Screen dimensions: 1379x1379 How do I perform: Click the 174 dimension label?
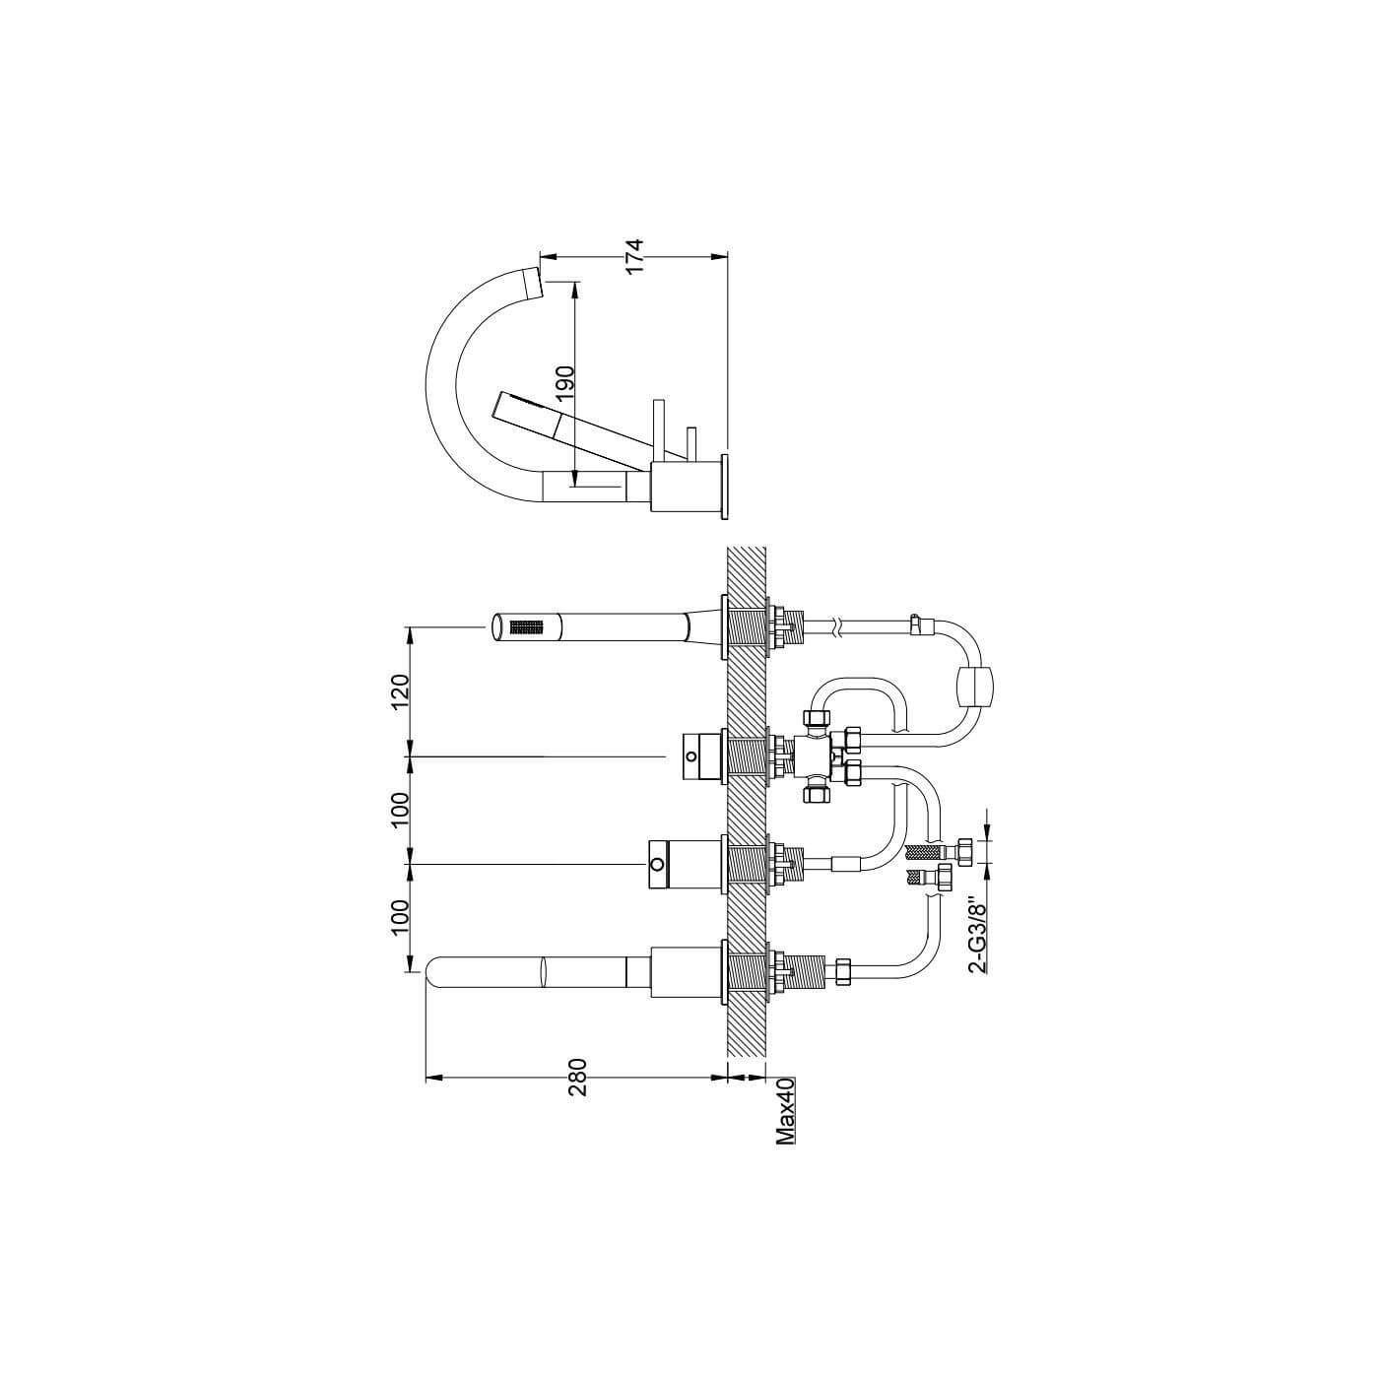coord(634,255)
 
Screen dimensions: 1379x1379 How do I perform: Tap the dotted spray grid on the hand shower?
coord(526,626)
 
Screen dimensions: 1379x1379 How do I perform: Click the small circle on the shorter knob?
coord(691,756)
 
